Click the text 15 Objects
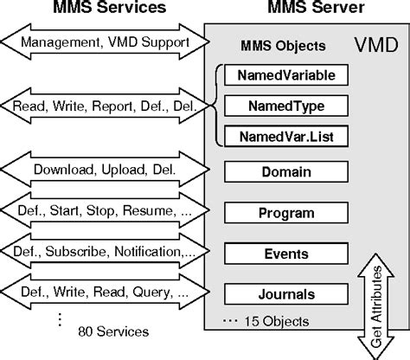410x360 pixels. tap(268, 321)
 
